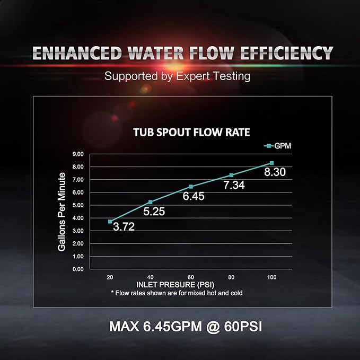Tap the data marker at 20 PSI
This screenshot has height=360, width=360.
tap(110, 221)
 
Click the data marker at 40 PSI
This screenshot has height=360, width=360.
tap(151, 202)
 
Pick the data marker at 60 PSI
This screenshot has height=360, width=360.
tap(191, 187)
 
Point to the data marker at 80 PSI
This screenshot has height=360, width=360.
tap(231, 175)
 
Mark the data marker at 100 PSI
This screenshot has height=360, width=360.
tap(271, 163)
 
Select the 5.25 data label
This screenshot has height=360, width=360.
tap(154, 212)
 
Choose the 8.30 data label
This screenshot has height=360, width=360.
tap(275, 172)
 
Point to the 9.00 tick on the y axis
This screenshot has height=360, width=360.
tap(78, 154)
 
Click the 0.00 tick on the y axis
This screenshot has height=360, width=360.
tap(78, 269)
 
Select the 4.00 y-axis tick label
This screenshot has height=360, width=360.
tap(78, 218)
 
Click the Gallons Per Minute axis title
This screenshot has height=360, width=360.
tap(62, 212)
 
